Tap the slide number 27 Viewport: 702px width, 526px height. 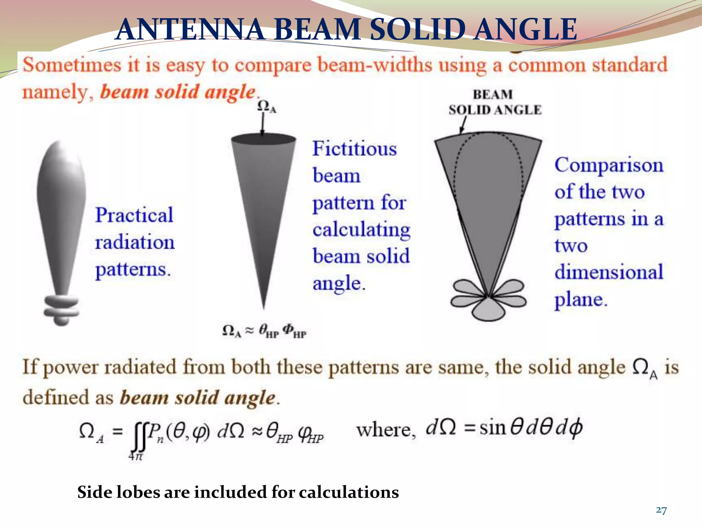coord(661,510)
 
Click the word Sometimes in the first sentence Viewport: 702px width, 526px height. coord(72,65)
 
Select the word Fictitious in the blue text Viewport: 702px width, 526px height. coord(354,149)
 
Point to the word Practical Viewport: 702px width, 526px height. coord(134,215)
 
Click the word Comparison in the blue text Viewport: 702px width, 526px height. coord(609,165)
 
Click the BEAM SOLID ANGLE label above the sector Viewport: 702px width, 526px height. coord(495,102)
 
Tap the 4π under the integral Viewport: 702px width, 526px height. coord(136,456)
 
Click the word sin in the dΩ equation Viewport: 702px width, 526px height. coord(493,428)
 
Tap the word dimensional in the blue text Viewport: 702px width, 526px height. coord(609,272)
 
